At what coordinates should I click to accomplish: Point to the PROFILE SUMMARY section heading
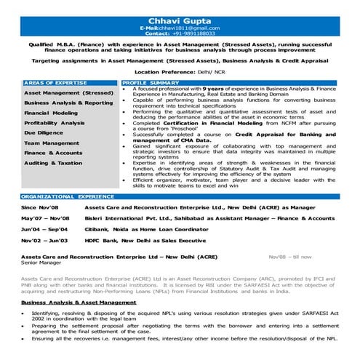pos(151,84)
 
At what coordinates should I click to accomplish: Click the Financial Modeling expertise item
pos(51,113)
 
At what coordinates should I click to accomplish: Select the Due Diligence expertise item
pos(43,133)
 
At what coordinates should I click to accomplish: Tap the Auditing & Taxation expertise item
pos(53,163)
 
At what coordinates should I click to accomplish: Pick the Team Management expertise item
pos(52,143)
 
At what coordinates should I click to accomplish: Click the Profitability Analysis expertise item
pos(55,124)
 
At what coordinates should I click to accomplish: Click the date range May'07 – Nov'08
pos(46,217)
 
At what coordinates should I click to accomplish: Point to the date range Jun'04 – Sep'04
pos(45,228)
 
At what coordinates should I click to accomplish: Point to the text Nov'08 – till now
pos(289,257)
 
